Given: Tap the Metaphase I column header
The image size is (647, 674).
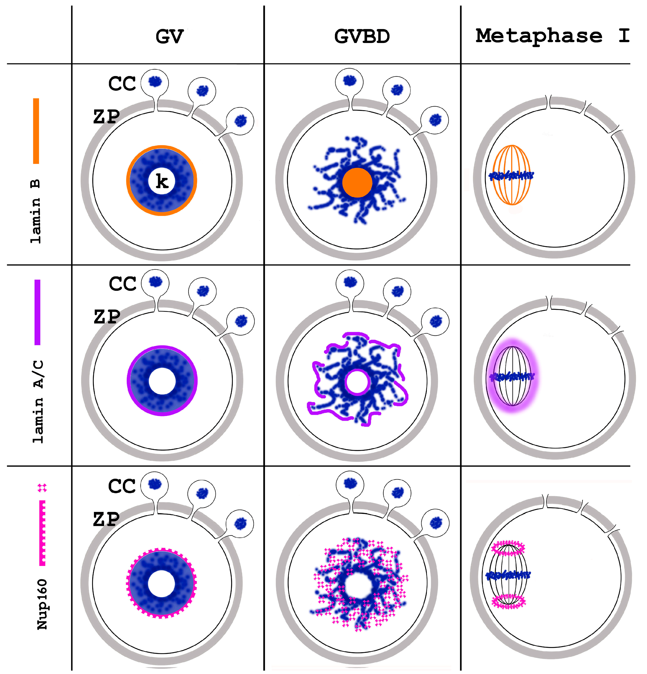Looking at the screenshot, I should click(x=552, y=36).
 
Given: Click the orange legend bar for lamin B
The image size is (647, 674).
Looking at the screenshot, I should click(x=36, y=131).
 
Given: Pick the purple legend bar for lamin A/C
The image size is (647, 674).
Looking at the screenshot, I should click(x=37, y=312).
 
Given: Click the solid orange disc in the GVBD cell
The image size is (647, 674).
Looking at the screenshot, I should click(x=357, y=183).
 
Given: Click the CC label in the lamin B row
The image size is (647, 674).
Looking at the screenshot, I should click(x=122, y=84).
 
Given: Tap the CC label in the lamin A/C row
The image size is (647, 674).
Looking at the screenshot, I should click(x=122, y=284).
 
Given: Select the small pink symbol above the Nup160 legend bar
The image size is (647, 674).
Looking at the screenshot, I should click(x=42, y=488).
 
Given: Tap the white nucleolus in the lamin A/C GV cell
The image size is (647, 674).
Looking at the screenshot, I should click(x=162, y=381).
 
